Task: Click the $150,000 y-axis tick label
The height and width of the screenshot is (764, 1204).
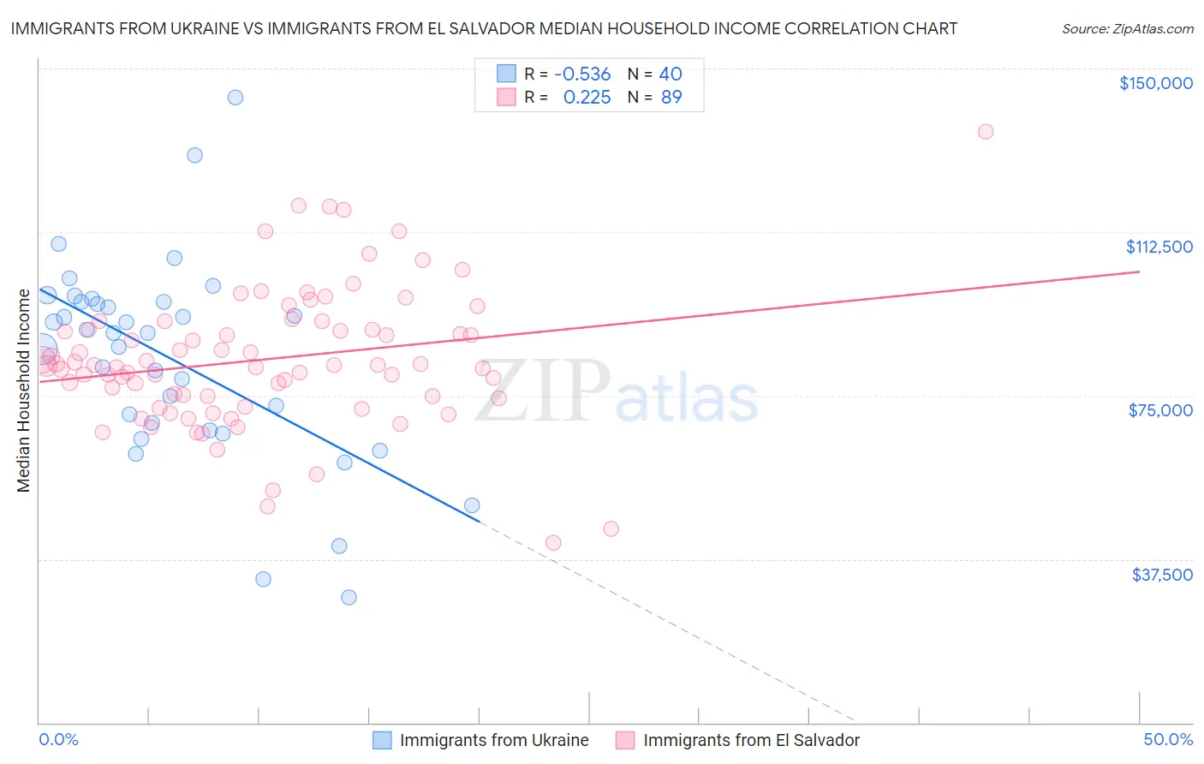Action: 1155,83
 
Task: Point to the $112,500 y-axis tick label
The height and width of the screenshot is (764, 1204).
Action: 1159,247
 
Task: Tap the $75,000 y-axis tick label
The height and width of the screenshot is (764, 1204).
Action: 1160,410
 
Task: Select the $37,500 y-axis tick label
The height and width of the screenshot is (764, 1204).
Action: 1162,575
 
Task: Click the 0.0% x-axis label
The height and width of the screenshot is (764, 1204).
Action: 58,739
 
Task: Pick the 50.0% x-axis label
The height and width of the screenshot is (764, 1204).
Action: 1168,739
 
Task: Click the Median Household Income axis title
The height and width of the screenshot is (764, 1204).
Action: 23,391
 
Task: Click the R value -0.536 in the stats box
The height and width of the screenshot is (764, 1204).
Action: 582,75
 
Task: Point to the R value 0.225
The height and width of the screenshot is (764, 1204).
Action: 587,98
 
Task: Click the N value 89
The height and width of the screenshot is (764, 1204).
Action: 671,98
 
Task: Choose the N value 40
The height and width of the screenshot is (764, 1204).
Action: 671,75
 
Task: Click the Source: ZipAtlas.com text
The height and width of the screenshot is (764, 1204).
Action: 1127,28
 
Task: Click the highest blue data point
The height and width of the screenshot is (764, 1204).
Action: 235,98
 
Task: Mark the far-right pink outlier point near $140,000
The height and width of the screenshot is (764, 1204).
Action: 986,132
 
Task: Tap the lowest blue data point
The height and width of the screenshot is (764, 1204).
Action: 349,597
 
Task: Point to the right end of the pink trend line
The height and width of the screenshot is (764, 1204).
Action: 1139,272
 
